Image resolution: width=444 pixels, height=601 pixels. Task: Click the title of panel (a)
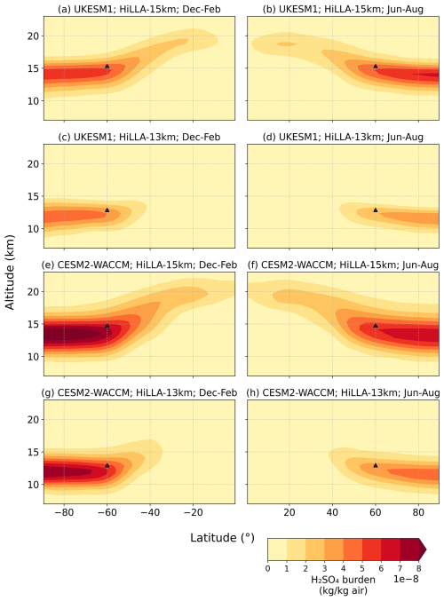139,8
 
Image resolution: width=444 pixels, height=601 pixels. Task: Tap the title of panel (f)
343,264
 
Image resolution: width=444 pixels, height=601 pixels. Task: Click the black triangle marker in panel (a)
107,66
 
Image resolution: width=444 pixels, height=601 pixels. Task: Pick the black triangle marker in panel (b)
376,66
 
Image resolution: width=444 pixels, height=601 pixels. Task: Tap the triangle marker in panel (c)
107,210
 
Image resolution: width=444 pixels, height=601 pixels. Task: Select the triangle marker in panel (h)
376,464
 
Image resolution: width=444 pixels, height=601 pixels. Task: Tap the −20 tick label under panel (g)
194,514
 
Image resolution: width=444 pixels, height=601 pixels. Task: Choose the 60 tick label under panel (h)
376,514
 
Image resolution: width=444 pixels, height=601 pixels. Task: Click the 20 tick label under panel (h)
289,514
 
